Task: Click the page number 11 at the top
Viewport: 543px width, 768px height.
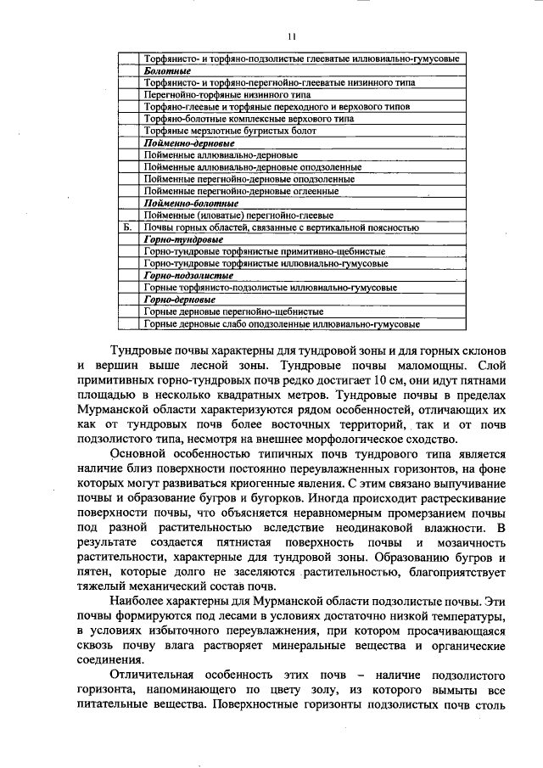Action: click(x=292, y=36)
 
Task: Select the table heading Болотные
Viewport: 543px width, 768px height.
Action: click(x=166, y=72)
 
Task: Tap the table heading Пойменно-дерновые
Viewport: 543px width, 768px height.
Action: click(x=189, y=144)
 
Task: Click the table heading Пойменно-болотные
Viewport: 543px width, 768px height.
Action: click(x=191, y=204)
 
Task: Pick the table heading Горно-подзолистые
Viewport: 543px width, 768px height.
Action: click(x=188, y=276)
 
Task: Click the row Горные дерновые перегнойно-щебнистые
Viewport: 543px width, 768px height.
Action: click(x=227, y=311)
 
